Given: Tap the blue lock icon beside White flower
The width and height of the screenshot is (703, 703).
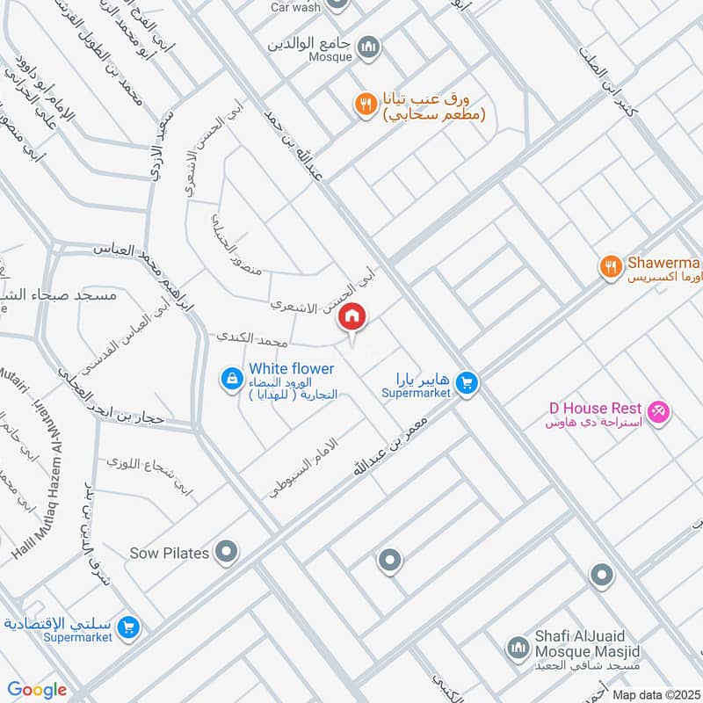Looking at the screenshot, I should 231,379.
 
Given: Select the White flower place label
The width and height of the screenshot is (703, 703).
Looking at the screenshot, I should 291,369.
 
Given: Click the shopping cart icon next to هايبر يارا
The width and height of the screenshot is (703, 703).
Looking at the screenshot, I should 467,382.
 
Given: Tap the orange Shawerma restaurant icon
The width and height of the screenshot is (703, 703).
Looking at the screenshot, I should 607,265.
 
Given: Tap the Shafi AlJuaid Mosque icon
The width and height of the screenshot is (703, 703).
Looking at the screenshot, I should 516,649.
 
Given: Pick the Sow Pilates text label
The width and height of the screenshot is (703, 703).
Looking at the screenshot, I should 170,553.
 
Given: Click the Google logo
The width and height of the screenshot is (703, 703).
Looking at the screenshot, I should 38,690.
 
